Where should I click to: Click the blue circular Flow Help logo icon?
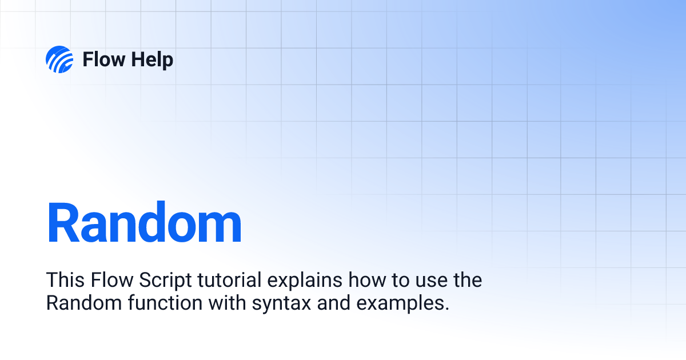pos(59,59)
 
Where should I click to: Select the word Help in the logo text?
pos(151,59)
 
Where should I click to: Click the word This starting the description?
pos(65,281)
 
